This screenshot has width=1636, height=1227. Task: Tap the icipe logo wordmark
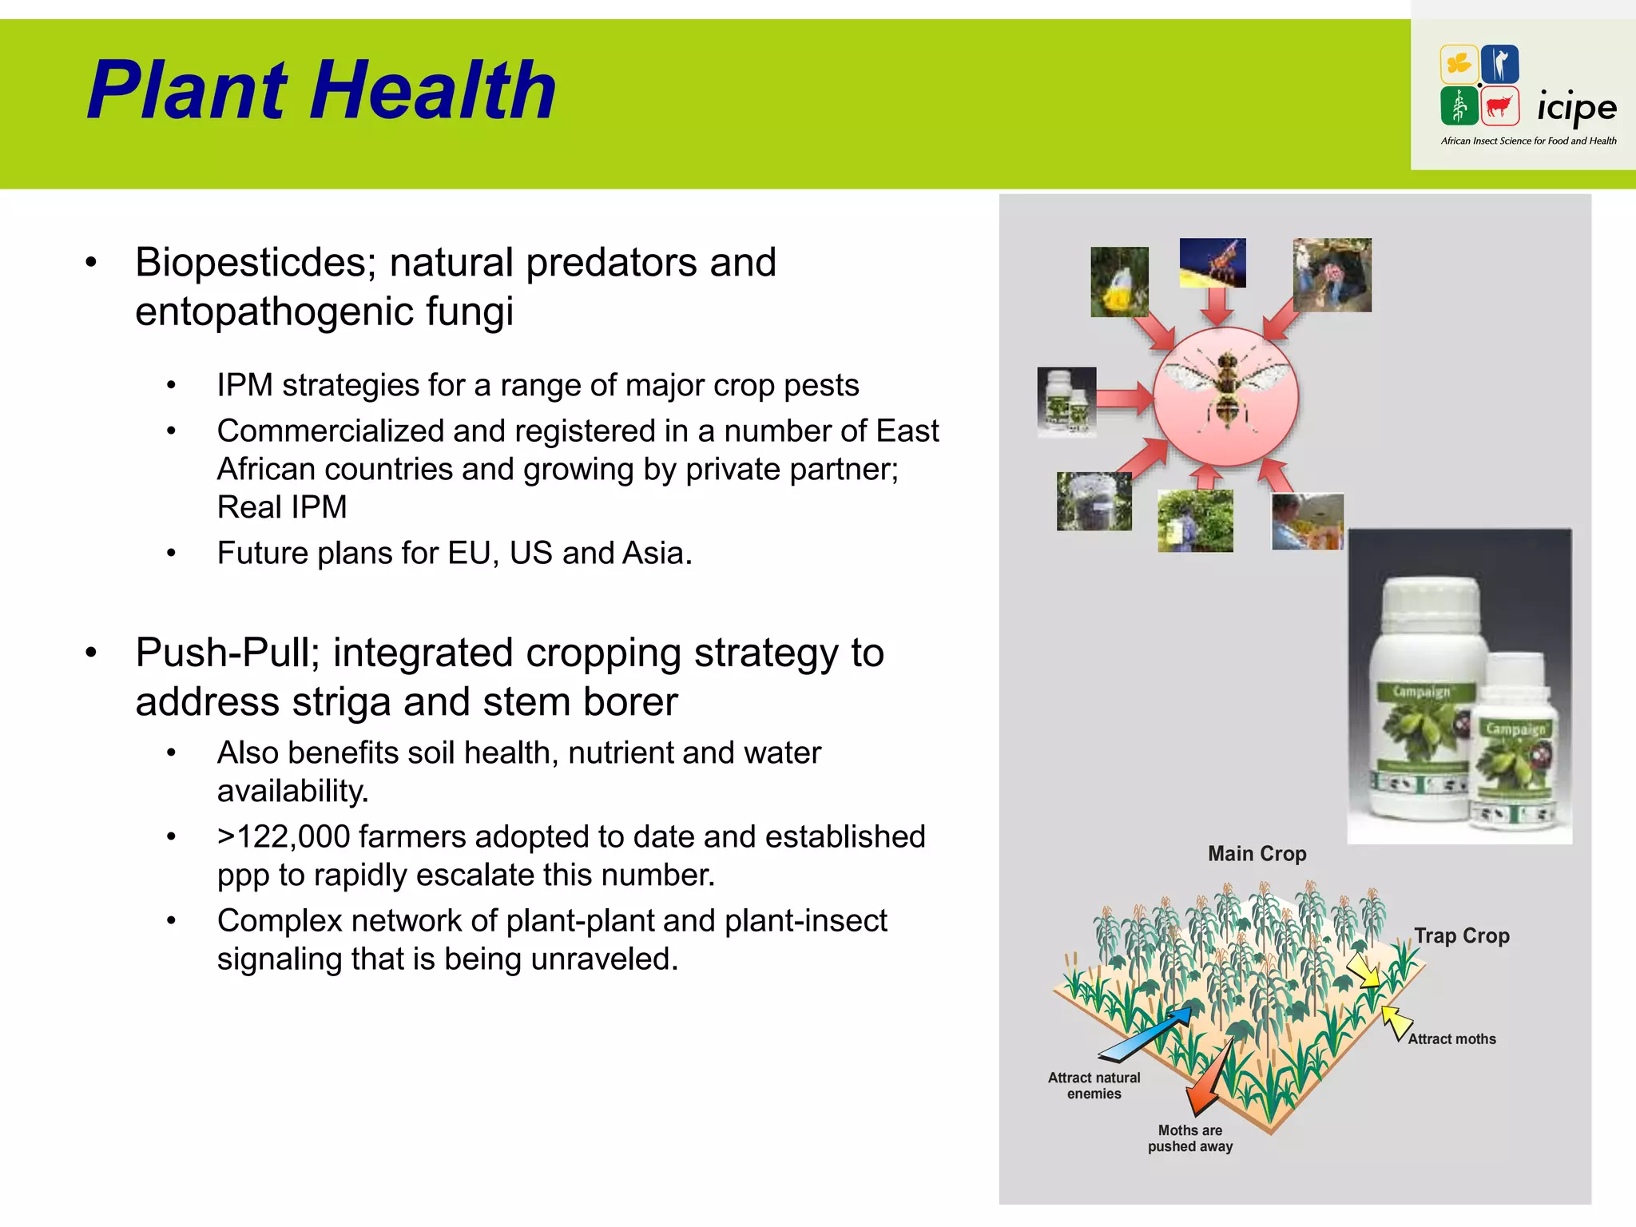(x=1576, y=108)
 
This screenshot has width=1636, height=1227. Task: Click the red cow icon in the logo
(x=1499, y=106)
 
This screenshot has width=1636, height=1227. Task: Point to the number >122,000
(x=284, y=837)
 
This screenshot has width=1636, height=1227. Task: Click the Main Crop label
(x=1257, y=854)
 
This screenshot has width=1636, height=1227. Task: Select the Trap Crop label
(x=1461, y=935)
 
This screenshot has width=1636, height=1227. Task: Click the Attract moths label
(x=1451, y=1039)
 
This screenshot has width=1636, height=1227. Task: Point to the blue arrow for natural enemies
(x=1145, y=1034)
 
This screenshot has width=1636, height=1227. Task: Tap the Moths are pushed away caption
(x=1190, y=1138)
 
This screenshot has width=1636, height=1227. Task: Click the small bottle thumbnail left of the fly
(x=1066, y=402)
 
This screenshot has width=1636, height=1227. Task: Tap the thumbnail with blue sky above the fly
(x=1212, y=262)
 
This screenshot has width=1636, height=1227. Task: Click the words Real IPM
(x=282, y=507)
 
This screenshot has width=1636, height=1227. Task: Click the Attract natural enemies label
(x=1094, y=1086)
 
